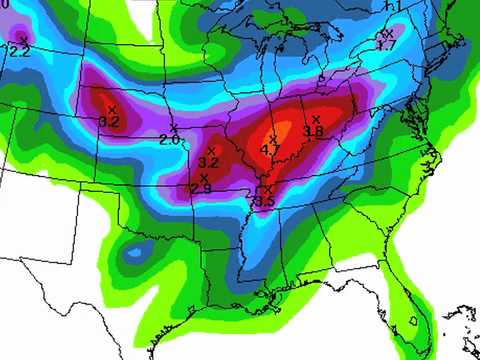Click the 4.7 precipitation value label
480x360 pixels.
click(x=270, y=151)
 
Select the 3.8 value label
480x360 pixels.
click(x=313, y=131)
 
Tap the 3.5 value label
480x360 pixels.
click(x=264, y=202)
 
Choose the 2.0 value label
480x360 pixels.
click(x=169, y=140)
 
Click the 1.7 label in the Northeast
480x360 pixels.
click(x=387, y=45)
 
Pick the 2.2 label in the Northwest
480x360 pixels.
click(x=20, y=51)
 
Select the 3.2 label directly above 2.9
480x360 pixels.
click(x=209, y=162)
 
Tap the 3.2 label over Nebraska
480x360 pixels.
click(x=109, y=122)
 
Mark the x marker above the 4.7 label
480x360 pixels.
click(x=274, y=139)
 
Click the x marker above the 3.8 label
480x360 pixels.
click(x=316, y=119)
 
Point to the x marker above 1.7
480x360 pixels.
click(x=388, y=33)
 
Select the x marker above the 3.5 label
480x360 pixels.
click(x=267, y=189)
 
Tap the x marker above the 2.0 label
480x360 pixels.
click(x=174, y=128)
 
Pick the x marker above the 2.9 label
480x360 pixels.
click(x=204, y=177)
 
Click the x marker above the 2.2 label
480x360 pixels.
click(x=23, y=39)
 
